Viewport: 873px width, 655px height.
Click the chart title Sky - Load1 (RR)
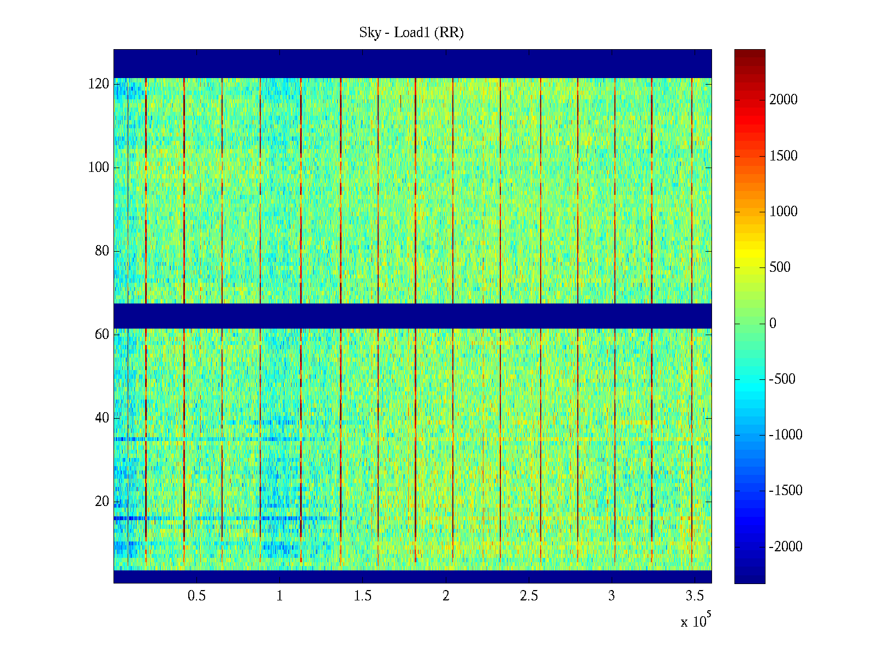pyautogui.click(x=411, y=33)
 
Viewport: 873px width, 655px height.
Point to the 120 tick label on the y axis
pyautogui.click(x=99, y=84)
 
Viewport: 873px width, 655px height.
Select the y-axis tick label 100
pyautogui.click(x=99, y=168)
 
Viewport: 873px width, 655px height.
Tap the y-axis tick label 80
pyautogui.click(x=102, y=251)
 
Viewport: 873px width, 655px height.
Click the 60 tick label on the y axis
pyautogui.click(x=102, y=335)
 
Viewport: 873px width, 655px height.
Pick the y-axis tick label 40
pyautogui.click(x=102, y=418)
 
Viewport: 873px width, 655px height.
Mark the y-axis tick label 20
pyautogui.click(x=102, y=502)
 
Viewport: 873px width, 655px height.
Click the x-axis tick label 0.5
pyautogui.click(x=196, y=596)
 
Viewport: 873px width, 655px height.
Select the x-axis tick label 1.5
pyautogui.click(x=362, y=596)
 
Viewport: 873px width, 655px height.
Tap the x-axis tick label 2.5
pyautogui.click(x=529, y=596)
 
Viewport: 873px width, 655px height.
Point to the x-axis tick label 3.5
pyautogui.click(x=695, y=596)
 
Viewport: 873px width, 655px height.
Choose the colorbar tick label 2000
pyautogui.click(x=784, y=100)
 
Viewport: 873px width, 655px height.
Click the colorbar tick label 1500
pyautogui.click(x=784, y=156)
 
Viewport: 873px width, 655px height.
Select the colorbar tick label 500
pyautogui.click(x=780, y=267)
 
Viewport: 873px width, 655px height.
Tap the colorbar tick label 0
pyautogui.click(x=773, y=324)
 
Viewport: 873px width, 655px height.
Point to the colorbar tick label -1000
pyautogui.click(x=786, y=435)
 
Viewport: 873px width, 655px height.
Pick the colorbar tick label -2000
pyautogui.click(x=786, y=547)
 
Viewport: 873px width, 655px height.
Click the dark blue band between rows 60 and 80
pyautogui.click(x=412, y=315)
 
